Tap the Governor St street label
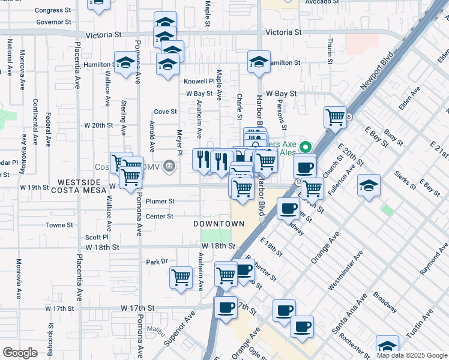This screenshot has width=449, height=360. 53,22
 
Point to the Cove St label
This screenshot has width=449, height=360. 165,112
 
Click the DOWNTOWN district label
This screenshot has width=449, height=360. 219,224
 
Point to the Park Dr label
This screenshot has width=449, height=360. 156,262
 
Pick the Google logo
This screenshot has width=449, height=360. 20,353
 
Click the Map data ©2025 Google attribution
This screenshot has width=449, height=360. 412,355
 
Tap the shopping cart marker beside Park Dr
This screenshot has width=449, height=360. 181,277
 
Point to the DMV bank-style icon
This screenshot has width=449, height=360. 170,165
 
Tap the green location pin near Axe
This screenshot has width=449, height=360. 306,147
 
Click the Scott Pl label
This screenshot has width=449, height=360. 96,238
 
